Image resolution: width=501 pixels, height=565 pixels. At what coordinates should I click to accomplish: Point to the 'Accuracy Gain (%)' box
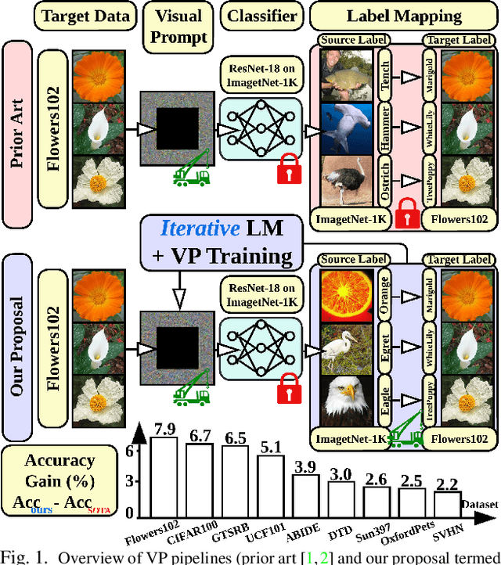(x=59, y=480)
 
